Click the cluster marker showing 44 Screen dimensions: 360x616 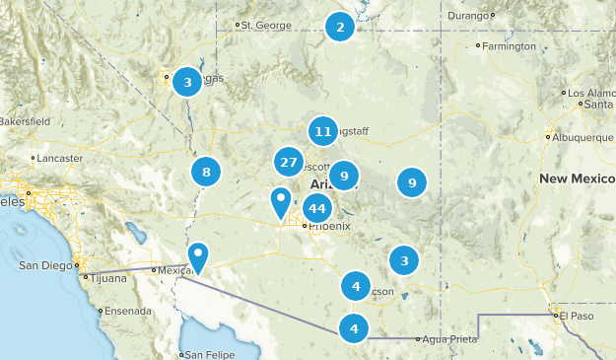[x=316, y=208]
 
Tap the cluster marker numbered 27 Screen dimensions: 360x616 [x=289, y=163]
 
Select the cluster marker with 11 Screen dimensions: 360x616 [x=322, y=131]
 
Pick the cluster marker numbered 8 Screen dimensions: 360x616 [x=206, y=173]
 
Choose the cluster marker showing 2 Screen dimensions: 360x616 [x=340, y=27]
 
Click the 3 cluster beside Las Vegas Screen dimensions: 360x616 [x=187, y=82]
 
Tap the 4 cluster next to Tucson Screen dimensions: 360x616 [x=356, y=286]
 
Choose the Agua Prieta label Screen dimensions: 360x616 [x=449, y=338]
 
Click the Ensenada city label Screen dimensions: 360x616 [x=127, y=310]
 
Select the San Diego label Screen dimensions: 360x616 [x=46, y=265]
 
